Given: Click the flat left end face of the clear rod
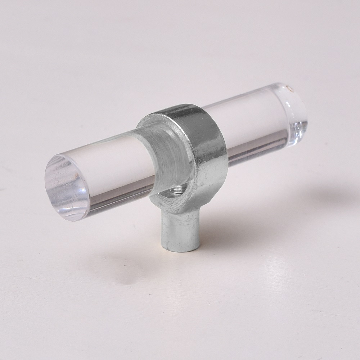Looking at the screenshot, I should coord(67,187).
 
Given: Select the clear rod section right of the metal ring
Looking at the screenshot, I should coord(252,119).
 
